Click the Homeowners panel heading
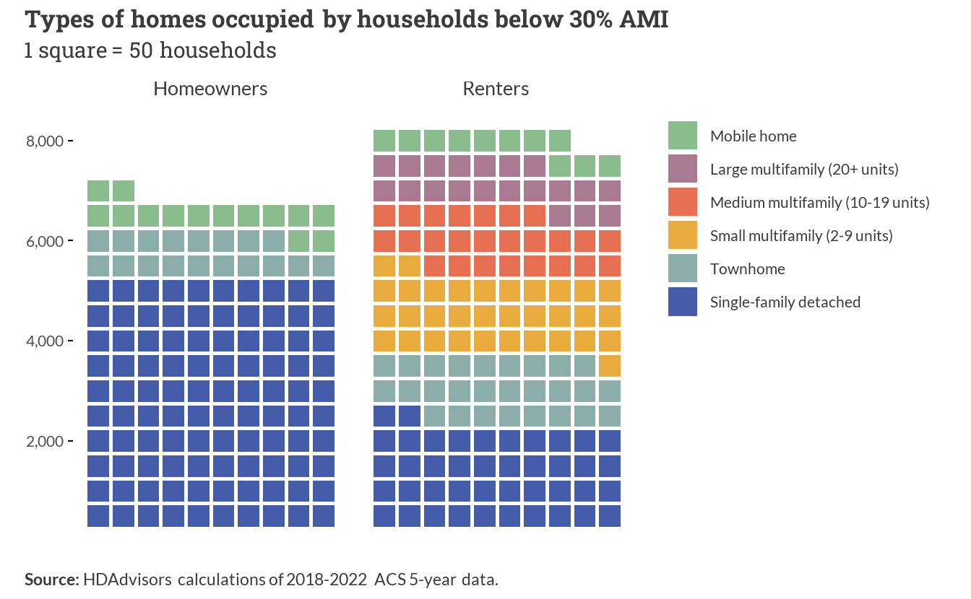(x=210, y=89)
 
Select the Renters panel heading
(x=496, y=89)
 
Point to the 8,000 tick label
(x=45, y=141)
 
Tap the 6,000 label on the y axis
(x=45, y=241)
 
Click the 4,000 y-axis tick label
(x=45, y=341)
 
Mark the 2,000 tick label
(x=45, y=442)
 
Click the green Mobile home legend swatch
(x=682, y=136)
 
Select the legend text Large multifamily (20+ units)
(x=804, y=170)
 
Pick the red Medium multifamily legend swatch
(x=682, y=202)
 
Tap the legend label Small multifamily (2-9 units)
(x=801, y=236)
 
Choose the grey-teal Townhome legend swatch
(x=682, y=268)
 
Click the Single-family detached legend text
(x=785, y=302)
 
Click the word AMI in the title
(x=644, y=19)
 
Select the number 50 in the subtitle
(x=141, y=51)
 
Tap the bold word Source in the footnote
(x=51, y=580)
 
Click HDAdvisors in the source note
(x=127, y=580)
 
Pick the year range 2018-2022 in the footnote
(x=327, y=580)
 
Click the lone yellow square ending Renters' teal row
(x=610, y=366)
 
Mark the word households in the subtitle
(x=218, y=51)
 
